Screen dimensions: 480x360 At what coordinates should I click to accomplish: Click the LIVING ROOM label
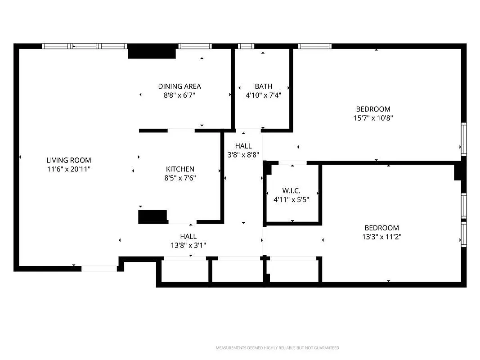(68, 160)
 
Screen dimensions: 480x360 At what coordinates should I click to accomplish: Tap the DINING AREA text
(179, 86)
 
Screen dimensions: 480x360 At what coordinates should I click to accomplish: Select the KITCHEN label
(180, 169)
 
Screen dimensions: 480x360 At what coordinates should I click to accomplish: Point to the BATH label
(264, 86)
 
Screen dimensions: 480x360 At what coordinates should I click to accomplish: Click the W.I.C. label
(291, 191)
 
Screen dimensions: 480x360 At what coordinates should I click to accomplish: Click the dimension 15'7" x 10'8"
(373, 118)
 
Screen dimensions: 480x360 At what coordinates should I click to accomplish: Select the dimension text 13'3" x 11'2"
(382, 237)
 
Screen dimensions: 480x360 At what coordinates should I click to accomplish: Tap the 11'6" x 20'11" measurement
(68, 169)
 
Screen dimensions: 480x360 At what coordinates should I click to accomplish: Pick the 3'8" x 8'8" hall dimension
(243, 155)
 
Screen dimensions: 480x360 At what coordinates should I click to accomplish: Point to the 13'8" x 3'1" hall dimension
(188, 245)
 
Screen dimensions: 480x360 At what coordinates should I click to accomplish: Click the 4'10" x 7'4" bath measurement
(264, 95)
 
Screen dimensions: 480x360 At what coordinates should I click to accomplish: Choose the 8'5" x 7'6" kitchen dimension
(180, 178)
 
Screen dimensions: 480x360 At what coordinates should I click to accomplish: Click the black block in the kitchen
(153, 217)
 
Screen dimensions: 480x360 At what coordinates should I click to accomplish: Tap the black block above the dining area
(152, 51)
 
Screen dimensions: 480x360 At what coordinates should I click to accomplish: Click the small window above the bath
(246, 46)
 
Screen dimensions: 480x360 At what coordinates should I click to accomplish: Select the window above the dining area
(195, 46)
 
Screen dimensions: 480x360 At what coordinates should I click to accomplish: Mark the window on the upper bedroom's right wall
(464, 139)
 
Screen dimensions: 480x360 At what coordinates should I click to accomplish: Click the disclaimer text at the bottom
(278, 348)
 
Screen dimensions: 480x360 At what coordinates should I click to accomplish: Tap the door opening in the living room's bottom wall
(99, 269)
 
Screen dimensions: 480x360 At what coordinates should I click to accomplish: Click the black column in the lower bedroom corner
(458, 172)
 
